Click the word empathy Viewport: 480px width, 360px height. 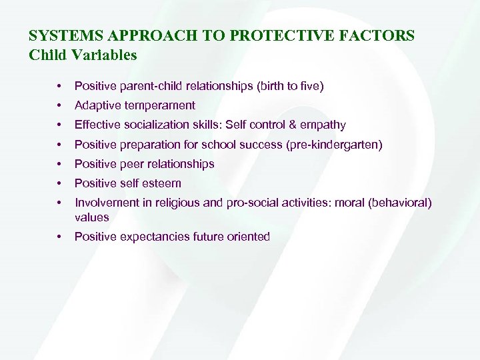(x=325, y=125)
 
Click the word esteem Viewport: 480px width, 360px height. (x=163, y=183)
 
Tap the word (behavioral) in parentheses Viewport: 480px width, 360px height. (x=402, y=203)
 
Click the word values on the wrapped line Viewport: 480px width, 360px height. (x=91, y=217)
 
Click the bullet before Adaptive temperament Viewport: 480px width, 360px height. (x=60, y=105)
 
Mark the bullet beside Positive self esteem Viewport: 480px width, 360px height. (x=60, y=183)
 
